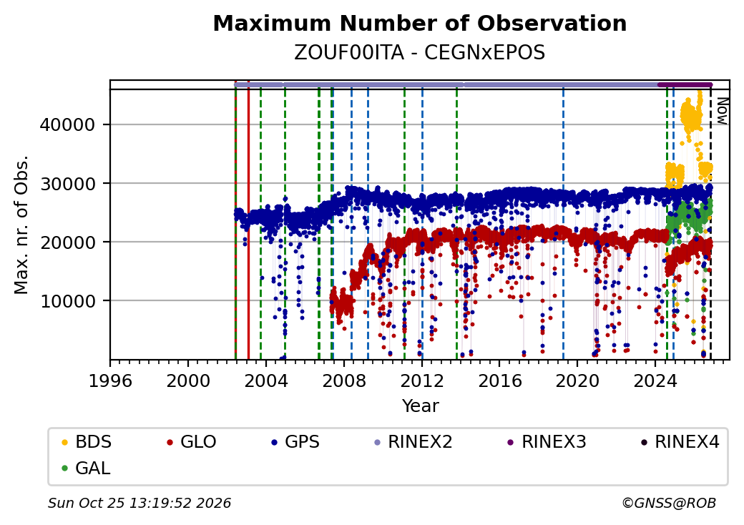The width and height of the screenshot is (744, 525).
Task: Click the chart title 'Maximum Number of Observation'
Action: click(419, 23)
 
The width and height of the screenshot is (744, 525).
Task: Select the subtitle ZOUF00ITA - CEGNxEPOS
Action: click(419, 53)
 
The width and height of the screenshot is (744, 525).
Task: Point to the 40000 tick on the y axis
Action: click(67, 124)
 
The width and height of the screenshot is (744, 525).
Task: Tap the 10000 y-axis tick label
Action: click(67, 300)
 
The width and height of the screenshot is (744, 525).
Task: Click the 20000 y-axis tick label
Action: click(67, 242)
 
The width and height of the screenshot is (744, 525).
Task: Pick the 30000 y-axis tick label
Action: click(67, 184)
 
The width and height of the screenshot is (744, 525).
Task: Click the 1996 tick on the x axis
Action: click(110, 381)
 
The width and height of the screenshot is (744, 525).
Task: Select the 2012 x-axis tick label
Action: click(422, 381)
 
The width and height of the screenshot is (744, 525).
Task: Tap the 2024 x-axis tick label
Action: click(655, 381)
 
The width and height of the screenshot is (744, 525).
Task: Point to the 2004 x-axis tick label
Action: click(265, 381)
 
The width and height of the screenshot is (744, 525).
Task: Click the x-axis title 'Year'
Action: click(421, 406)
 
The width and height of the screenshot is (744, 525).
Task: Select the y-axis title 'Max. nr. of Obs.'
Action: click(21, 225)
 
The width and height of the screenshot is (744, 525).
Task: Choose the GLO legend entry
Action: click(192, 442)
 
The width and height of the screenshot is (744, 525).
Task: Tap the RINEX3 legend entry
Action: click(547, 442)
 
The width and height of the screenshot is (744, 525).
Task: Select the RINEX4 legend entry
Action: click(680, 442)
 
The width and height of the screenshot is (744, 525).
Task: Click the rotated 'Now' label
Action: click(722, 111)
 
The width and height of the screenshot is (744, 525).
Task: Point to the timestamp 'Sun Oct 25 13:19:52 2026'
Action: click(139, 503)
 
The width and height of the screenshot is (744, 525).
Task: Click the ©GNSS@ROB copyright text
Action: click(669, 503)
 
